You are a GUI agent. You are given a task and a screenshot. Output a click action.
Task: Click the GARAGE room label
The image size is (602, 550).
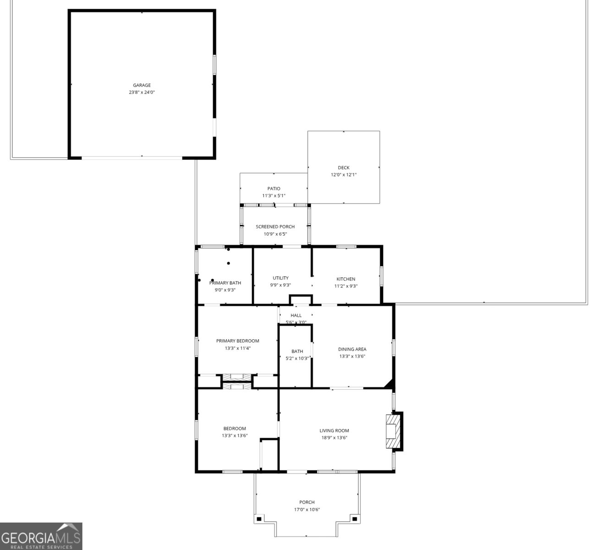click(142, 85)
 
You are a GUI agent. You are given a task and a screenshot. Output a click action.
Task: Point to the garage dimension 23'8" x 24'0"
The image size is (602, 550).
click(142, 93)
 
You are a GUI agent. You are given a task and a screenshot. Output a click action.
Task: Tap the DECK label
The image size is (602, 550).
click(344, 168)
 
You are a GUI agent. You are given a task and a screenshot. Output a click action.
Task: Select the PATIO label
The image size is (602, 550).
click(274, 189)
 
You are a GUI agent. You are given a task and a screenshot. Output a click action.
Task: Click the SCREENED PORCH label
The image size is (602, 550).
click(275, 227)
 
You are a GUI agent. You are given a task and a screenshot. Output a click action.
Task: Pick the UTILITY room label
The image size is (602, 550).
click(280, 278)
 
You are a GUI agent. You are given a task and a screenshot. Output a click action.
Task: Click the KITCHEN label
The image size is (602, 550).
click(346, 279)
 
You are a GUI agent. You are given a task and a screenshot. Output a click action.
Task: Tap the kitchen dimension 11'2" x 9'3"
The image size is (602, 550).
click(346, 286)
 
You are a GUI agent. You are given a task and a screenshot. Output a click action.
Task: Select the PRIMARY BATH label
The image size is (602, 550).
click(225, 283)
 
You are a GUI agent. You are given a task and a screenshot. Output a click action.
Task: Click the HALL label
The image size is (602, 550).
click(296, 315)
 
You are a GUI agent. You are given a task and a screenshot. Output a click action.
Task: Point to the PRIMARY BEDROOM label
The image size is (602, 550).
click(237, 341)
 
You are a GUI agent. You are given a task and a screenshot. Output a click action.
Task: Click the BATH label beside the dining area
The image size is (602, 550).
click(297, 352)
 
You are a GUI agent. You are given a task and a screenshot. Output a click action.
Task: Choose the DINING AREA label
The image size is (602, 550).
click(352, 349)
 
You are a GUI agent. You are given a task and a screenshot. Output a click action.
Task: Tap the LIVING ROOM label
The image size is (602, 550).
click(334, 431)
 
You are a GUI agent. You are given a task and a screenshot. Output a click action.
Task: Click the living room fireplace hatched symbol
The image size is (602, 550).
click(392, 431)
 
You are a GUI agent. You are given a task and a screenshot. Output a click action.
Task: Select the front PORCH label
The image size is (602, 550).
click(306, 502)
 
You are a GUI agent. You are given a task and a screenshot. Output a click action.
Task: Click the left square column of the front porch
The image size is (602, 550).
click(259, 519)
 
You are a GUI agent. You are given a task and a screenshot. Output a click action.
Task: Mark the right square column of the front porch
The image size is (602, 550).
click(354, 519)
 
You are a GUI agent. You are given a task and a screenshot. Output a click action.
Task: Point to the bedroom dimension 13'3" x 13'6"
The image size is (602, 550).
click(235, 436)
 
